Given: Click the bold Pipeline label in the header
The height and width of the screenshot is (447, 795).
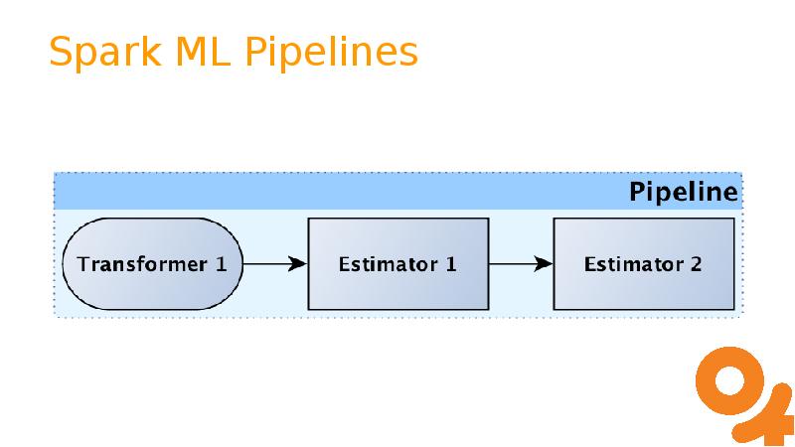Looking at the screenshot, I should pyautogui.click(x=684, y=192).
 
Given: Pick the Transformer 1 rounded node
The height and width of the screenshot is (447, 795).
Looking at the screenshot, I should pyautogui.click(x=152, y=264).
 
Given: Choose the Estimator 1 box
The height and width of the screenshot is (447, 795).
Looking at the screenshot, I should pyautogui.click(x=397, y=264).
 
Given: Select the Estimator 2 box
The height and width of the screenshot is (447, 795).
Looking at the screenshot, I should pyautogui.click(x=643, y=264).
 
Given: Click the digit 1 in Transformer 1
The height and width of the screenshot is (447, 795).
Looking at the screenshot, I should pyautogui.click(x=221, y=264).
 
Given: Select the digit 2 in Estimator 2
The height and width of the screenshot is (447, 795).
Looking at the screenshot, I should pyautogui.click(x=696, y=264).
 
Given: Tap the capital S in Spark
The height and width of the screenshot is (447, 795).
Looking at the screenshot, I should pyautogui.click(x=61, y=53).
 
